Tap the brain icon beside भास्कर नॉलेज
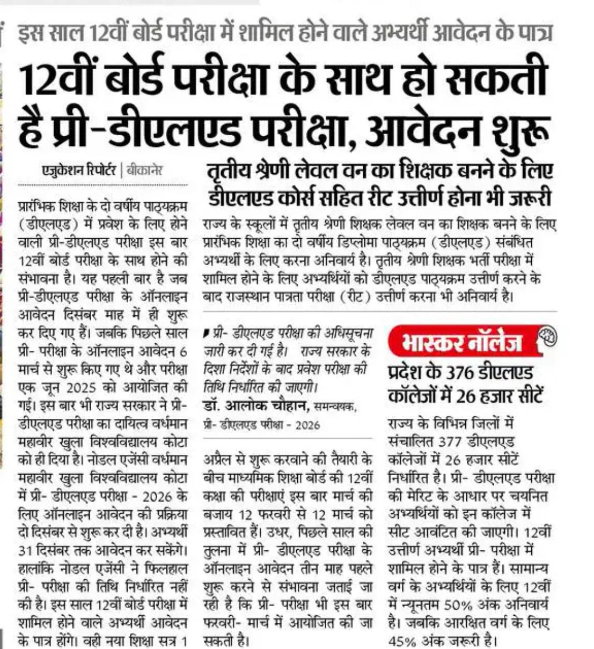546,336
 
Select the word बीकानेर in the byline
143,171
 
